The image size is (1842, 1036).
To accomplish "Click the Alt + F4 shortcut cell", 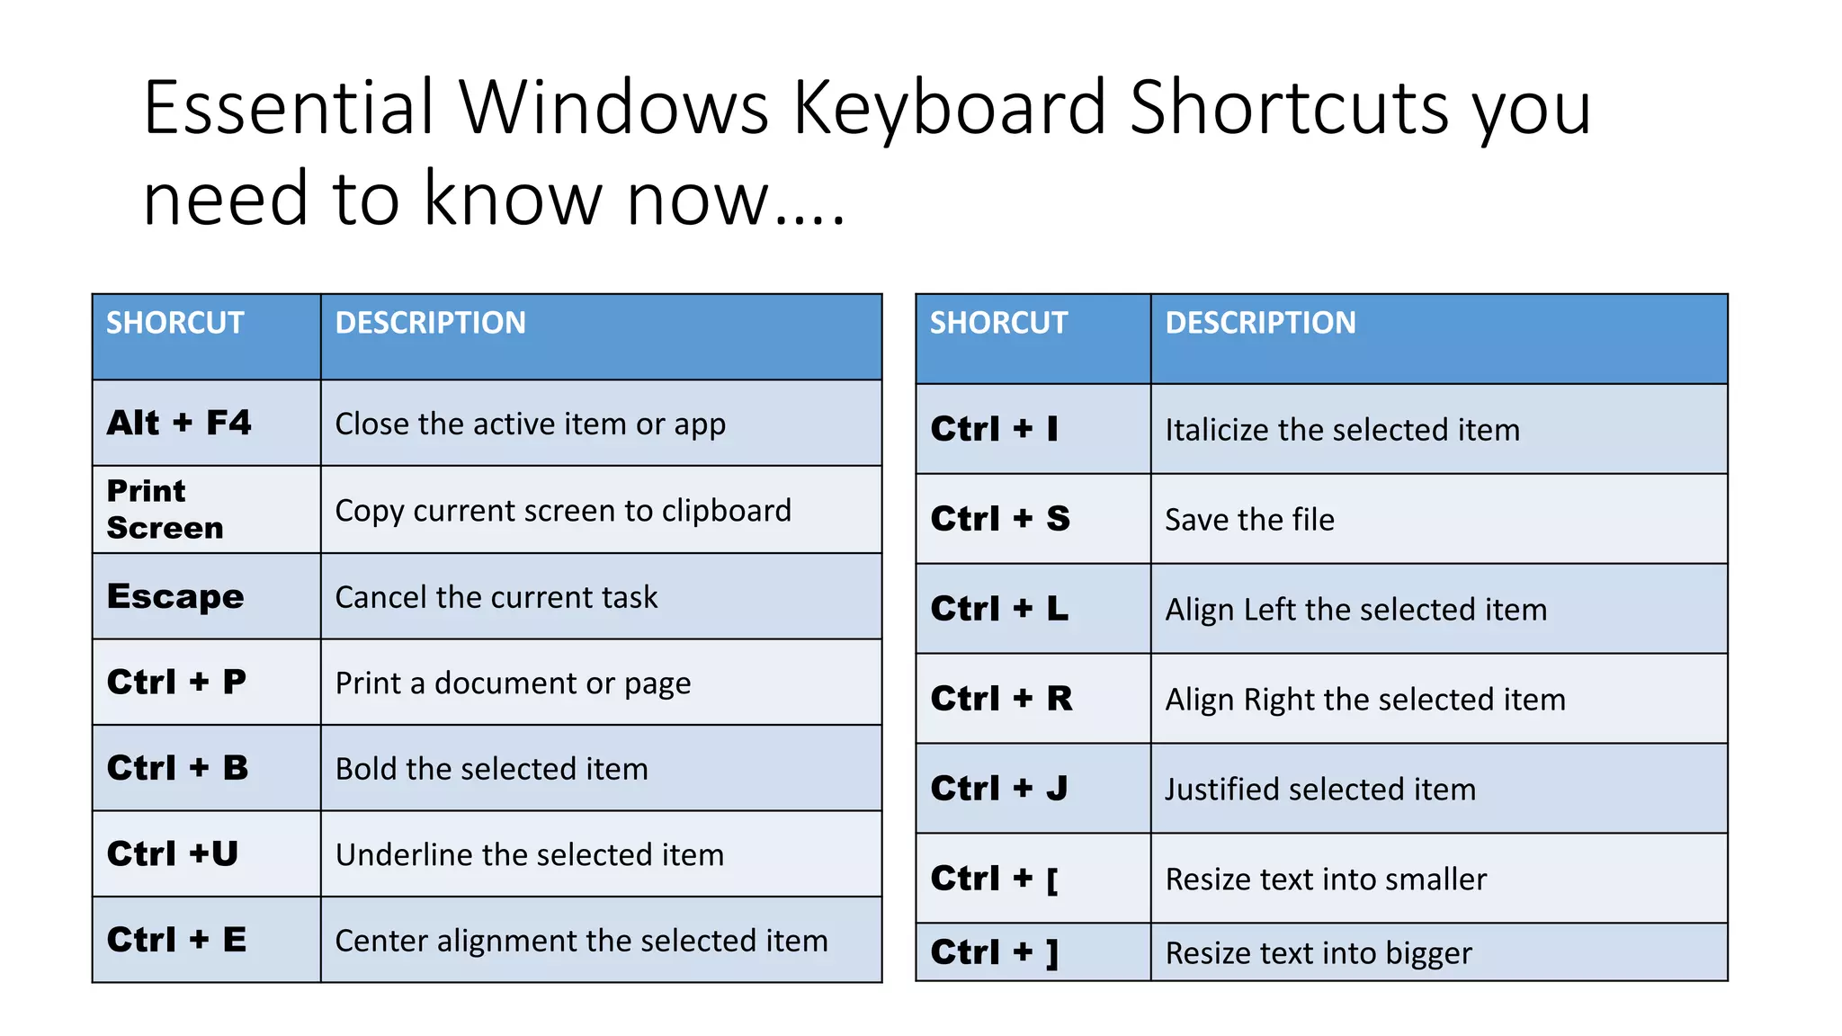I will [x=179, y=423].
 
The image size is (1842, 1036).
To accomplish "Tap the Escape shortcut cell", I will [x=175, y=596].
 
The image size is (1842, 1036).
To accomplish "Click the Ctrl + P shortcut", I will [x=176, y=682].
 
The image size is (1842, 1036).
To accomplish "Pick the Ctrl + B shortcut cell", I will [x=177, y=768].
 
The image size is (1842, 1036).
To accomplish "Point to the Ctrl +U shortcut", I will [x=173, y=853].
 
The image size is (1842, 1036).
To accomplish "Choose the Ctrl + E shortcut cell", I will [x=176, y=940].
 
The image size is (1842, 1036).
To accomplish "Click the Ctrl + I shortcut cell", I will [x=995, y=429].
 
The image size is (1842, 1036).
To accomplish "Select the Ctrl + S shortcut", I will [x=1000, y=519].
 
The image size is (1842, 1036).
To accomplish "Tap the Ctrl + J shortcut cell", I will [x=999, y=789].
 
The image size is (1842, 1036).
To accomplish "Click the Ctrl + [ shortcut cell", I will [x=995, y=879].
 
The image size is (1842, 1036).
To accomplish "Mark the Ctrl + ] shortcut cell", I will [x=995, y=952].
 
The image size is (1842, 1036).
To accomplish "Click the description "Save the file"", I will [x=1249, y=520].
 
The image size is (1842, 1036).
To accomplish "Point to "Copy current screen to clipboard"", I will [x=563, y=511].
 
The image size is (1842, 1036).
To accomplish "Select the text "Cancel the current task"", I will [x=496, y=597].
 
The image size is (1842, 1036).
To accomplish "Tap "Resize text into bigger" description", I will [x=1319, y=953].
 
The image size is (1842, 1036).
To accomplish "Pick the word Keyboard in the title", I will [x=950, y=108].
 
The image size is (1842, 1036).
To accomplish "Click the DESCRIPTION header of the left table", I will [x=431, y=323].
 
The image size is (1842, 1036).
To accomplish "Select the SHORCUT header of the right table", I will [x=998, y=323].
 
